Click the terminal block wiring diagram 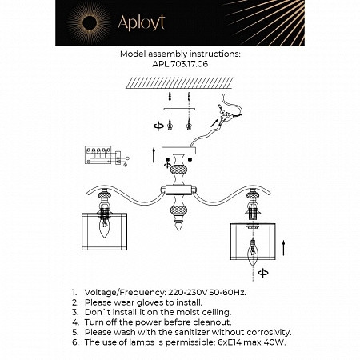tap(102, 155)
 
